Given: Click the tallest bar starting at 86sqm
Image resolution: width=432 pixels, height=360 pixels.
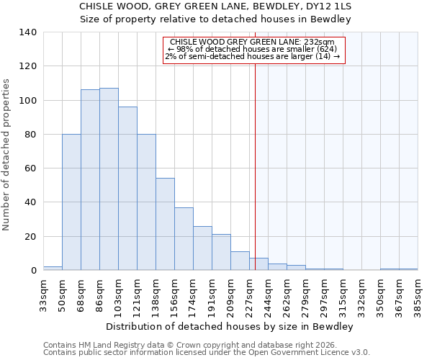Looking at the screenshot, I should tap(109, 179).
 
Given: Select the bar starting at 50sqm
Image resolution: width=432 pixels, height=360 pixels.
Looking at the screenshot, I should tap(71, 202).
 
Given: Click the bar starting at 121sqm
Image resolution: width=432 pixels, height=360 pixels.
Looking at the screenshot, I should tap(146, 202).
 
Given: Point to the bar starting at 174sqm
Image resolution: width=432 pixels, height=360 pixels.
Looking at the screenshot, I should tap(202, 248).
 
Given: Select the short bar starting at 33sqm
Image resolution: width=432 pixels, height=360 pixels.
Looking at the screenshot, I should tap(53, 268).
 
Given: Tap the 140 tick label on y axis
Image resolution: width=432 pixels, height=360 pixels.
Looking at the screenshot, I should tap(28, 32).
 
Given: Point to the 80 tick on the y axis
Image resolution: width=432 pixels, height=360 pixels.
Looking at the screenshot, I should tap(31, 135).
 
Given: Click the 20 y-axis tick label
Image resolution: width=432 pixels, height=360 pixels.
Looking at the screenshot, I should tap(31, 237).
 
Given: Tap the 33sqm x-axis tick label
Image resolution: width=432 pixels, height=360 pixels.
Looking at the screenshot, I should tap(43, 294).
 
